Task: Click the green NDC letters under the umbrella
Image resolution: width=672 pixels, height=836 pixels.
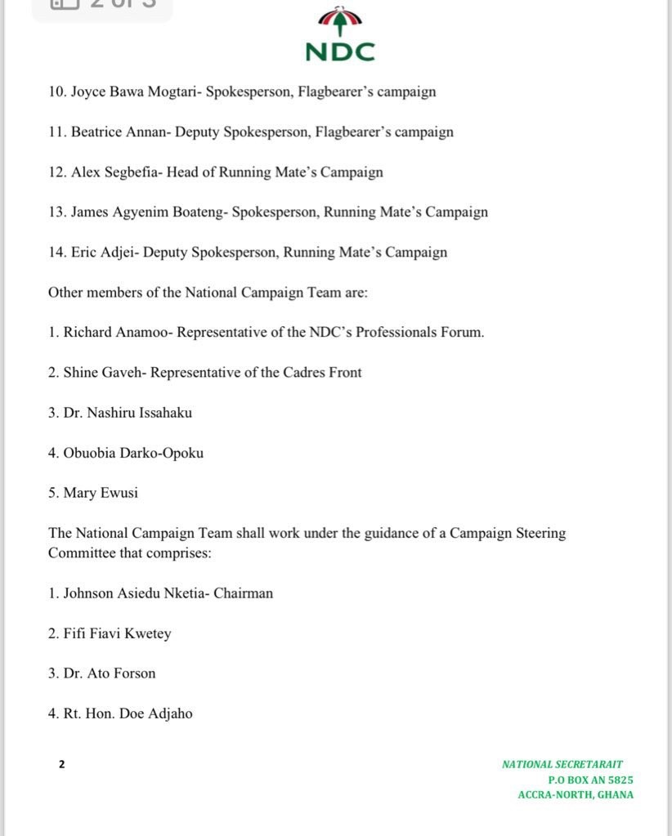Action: click(x=339, y=52)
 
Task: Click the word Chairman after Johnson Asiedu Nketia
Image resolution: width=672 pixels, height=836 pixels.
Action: click(x=243, y=592)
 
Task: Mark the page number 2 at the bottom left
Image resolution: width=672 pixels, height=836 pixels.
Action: click(x=61, y=764)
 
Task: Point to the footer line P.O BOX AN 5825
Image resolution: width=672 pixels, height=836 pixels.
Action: click(x=590, y=780)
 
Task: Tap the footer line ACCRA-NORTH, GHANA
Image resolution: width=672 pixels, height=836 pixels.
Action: click(x=576, y=794)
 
